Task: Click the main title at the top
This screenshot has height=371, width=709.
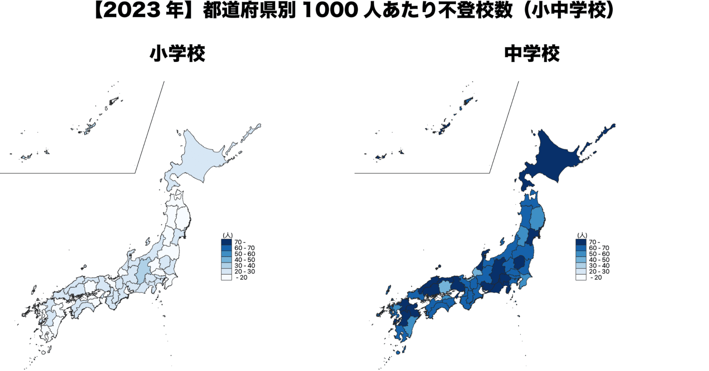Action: (354, 10)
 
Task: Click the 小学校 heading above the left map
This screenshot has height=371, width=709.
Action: (177, 54)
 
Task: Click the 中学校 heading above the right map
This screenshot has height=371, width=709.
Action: (532, 54)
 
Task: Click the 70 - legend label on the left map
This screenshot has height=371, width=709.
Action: (240, 242)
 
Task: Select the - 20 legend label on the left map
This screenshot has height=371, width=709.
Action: (242, 278)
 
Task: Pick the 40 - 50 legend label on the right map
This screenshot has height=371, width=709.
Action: (599, 260)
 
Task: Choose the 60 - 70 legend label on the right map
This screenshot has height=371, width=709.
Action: (599, 248)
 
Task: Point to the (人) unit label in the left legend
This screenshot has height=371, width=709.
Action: (227, 236)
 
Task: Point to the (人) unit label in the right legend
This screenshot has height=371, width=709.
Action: (582, 236)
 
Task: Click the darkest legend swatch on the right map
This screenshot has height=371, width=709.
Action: (580, 242)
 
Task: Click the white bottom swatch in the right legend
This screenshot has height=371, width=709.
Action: (580, 278)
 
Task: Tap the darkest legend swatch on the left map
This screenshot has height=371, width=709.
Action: (226, 242)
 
